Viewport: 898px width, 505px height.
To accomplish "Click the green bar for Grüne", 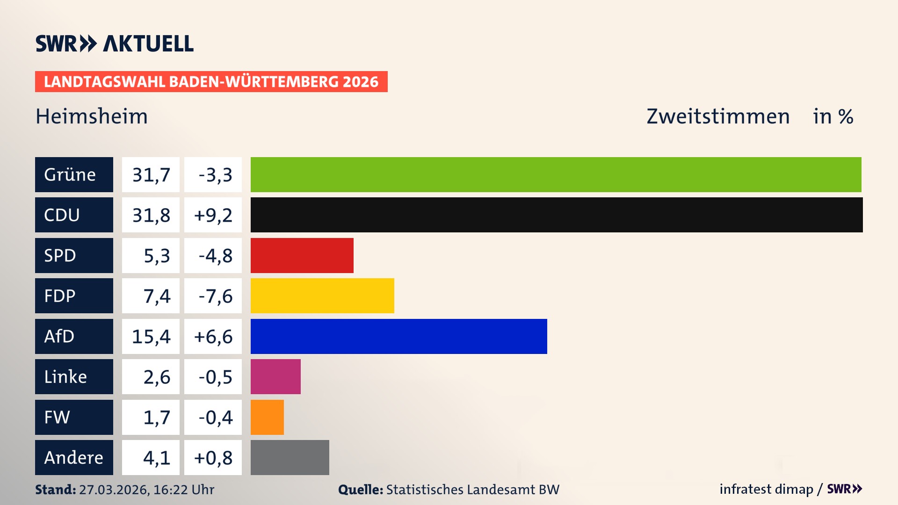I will click(x=556, y=174).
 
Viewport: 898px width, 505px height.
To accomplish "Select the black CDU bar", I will click(x=557, y=215).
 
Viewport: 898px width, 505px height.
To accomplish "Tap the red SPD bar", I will click(x=302, y=255).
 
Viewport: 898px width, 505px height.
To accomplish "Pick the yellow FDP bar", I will click(x=322, y=296).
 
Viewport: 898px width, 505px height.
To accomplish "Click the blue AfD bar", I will click(x=398, y=336).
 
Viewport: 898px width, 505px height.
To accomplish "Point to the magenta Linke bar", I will click(x=275, y=376).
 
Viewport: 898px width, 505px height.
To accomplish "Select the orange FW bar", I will click(x=267, y=417).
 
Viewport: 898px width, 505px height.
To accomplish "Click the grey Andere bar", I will click(x=290, y=457).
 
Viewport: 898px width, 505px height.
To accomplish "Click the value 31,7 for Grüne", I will click(x=151, y=174).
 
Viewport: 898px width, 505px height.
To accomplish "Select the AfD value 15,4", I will click(x=151, y=336).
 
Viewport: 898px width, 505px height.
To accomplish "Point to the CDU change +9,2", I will click(x=213, y=215).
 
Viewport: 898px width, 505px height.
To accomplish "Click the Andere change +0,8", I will click(x=213, y=457).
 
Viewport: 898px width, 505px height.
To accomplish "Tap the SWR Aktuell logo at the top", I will click(x=114, y=43).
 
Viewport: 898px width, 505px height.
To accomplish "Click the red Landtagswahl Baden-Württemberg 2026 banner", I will click(x=211, y=82).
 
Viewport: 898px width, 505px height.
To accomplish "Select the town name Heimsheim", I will click(x=92, y=116).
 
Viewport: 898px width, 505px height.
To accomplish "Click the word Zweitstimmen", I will click(x=718, y=116).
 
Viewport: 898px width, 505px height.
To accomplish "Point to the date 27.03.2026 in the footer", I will click(x=114, y=490).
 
